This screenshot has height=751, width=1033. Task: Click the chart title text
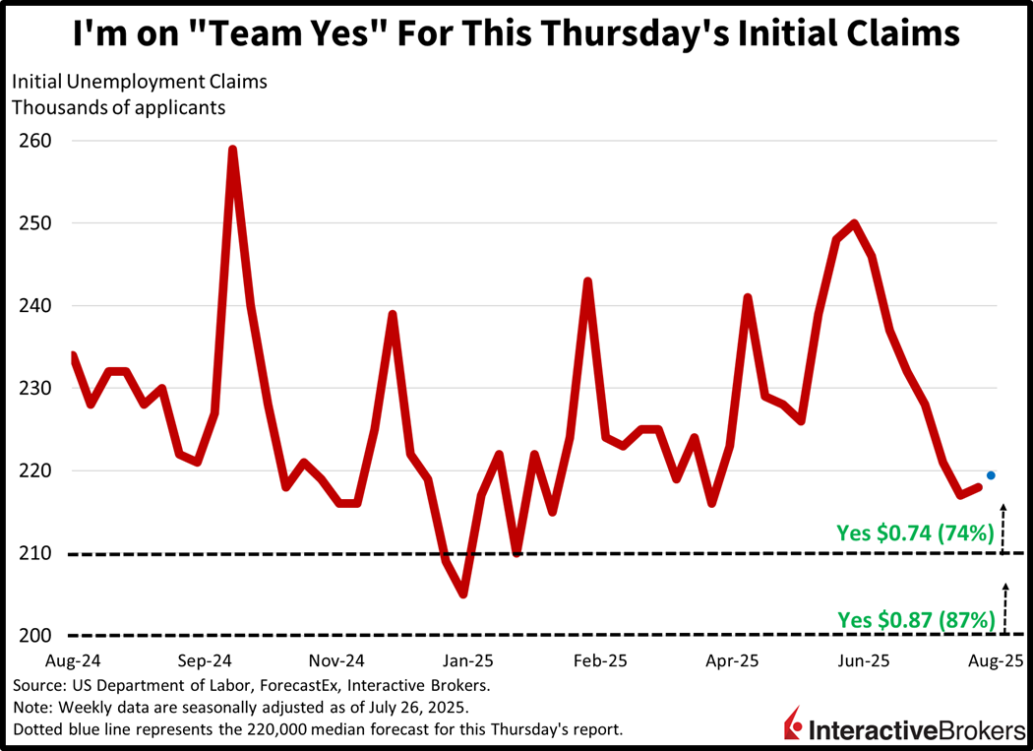coord(516,34)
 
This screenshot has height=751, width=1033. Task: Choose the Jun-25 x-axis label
coord(863,660)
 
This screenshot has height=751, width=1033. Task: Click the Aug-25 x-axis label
coord(996,660)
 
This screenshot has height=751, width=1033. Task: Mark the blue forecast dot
coord(991,475)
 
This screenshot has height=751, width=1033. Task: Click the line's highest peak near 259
coord(232,150)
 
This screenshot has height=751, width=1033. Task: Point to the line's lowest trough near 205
coord(462,594)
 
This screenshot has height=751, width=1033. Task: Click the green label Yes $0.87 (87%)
coord(916,620)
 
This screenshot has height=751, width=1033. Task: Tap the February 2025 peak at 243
coord(587,282)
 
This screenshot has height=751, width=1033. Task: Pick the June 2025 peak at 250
coord(854,223)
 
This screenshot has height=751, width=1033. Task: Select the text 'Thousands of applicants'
coord(119,107)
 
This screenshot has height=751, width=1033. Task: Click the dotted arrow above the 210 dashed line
coord(1003,527)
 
